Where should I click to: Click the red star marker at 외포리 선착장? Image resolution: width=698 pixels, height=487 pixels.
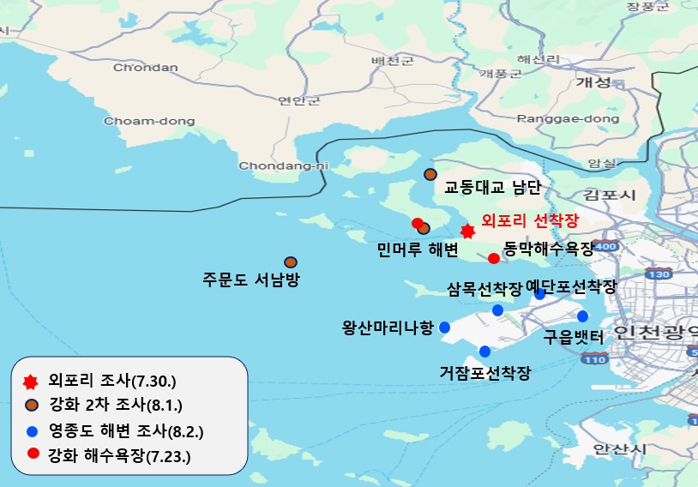click(x=467, y=231)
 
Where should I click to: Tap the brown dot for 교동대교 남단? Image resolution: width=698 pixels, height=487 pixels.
click(x=430, y=175)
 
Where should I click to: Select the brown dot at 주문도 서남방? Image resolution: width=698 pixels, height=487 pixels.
click(x=291, y=262)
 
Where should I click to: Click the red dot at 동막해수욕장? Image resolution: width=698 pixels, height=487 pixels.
click(x=494, y=258)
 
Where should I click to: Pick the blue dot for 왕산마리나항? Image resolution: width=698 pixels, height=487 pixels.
click(x=444, y=327)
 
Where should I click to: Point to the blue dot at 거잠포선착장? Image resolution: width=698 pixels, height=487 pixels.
click(x=485, y=351)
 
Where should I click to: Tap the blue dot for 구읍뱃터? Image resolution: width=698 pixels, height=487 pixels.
click(x=582, y=316)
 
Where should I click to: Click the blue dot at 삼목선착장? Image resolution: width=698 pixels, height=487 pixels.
click(x=497, y=310)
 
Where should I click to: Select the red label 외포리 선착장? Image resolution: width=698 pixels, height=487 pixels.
click(x=530, y=220)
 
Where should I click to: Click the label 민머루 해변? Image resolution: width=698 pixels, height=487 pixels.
click(x=418, y=250)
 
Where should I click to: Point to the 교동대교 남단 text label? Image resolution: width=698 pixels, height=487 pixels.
click(x=487, y=186)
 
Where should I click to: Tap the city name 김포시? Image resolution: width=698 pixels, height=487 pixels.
click(x=610, y=195)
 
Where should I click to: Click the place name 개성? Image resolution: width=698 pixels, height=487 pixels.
click(x=593, y=82)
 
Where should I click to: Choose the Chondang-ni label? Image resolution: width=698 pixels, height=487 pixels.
click(x=284, y=165)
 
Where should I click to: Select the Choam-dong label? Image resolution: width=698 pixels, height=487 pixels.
click(x=149, y=121)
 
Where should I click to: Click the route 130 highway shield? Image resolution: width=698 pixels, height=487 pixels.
click(x=659, y=274)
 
